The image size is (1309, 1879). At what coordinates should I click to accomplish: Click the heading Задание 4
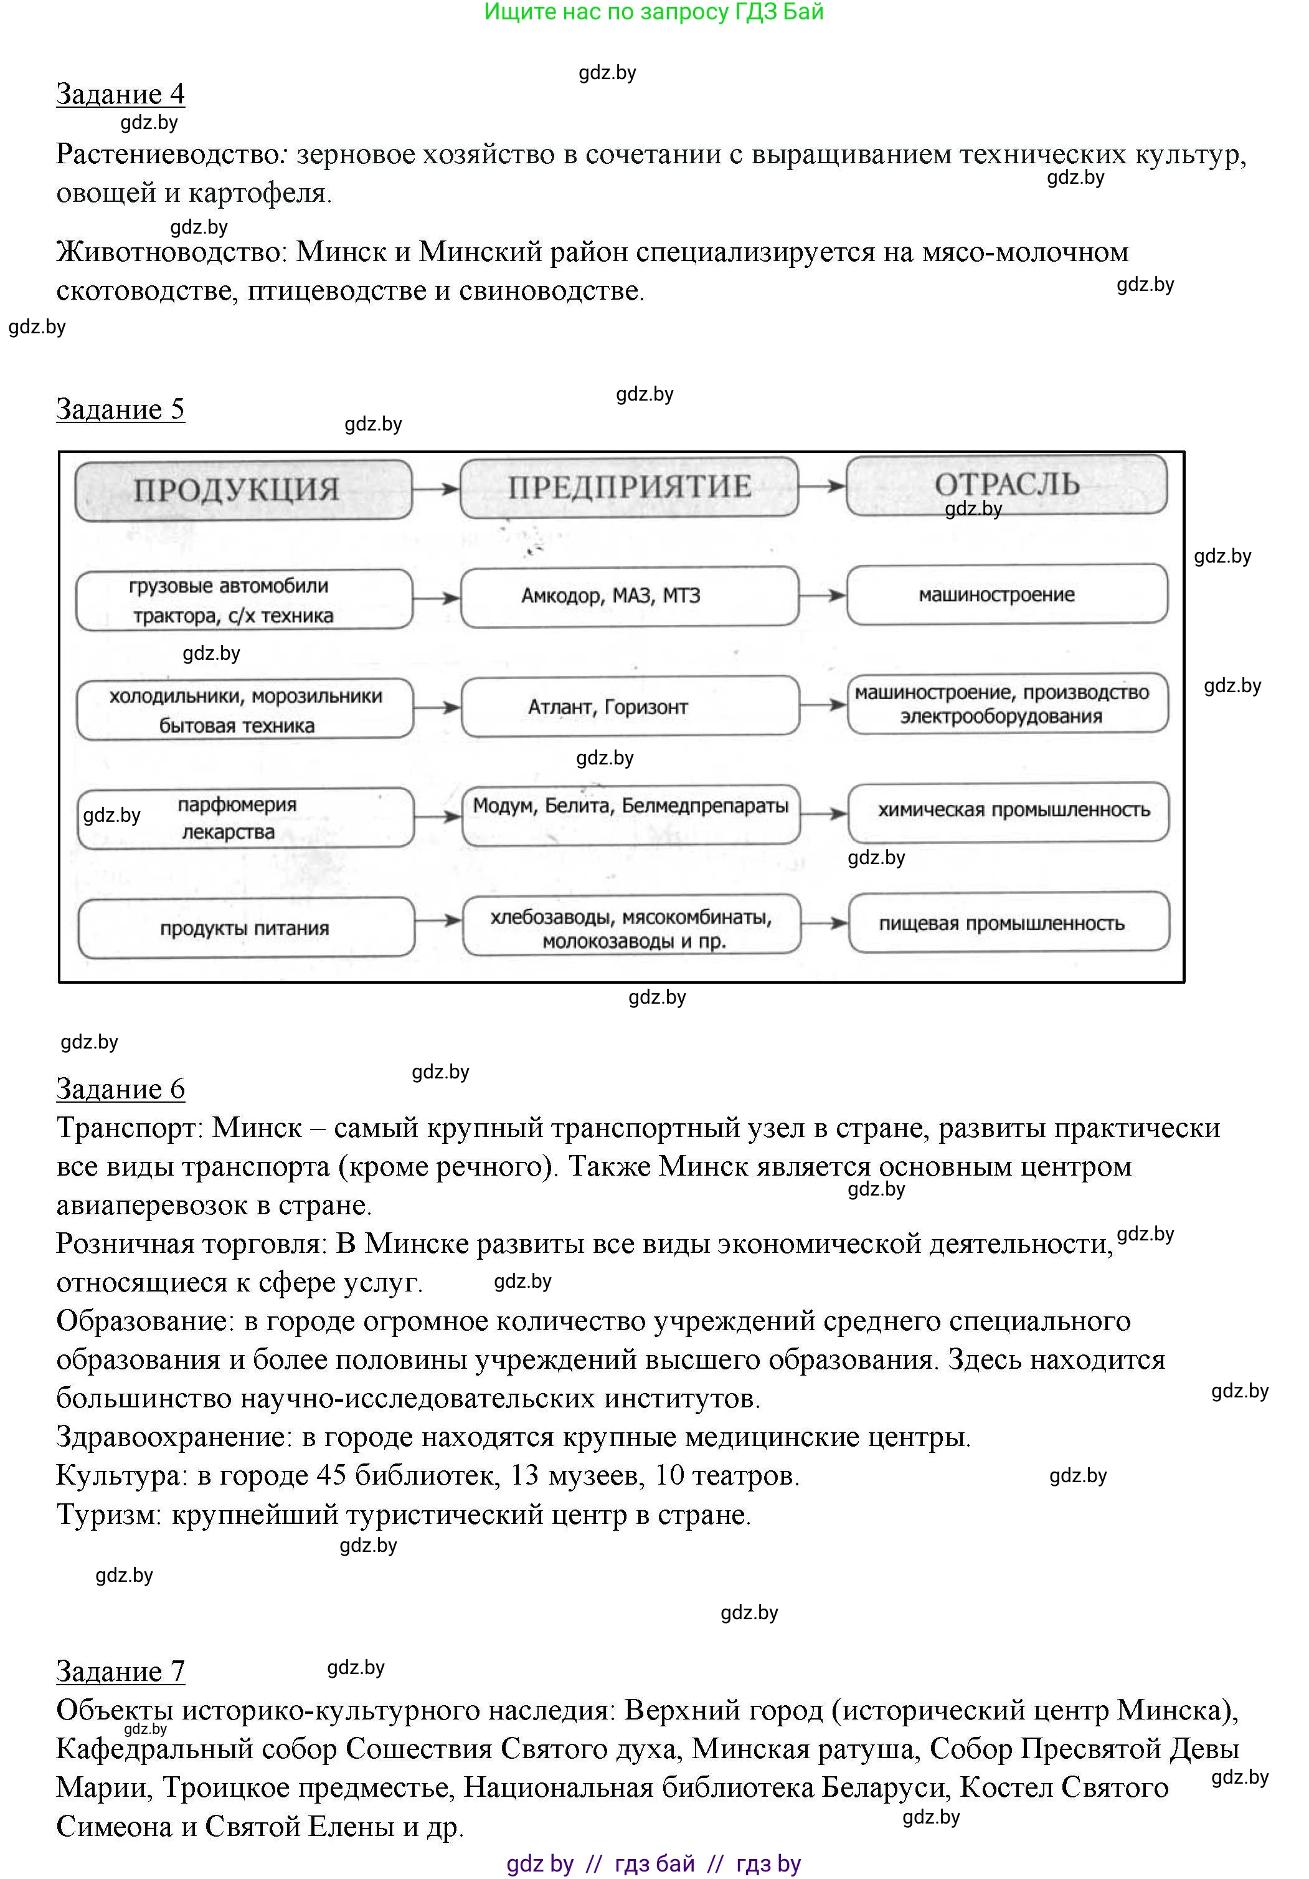click(120, 94)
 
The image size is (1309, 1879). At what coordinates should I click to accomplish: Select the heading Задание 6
click(120, 1088)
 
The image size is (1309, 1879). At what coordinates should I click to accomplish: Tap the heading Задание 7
click(120, 1670)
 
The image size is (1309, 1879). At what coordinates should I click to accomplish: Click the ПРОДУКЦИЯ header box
click(243, 490)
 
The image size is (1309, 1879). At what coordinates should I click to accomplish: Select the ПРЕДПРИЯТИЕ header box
click(628, 487)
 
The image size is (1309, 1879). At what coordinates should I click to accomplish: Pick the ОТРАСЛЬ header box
click(1006, 485)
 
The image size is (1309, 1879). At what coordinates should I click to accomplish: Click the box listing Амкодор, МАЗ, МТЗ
click(628, 596)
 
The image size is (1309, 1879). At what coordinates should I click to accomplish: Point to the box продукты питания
click(245, 928)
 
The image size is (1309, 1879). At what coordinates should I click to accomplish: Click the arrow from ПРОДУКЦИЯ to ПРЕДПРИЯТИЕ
click(436, 488)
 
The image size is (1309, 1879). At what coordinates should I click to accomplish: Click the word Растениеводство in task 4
click(167, 155)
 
